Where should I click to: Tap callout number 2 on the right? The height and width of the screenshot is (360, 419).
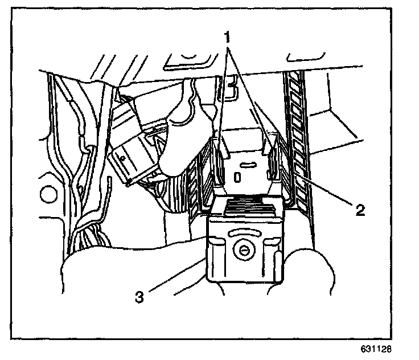click(359, 211)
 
